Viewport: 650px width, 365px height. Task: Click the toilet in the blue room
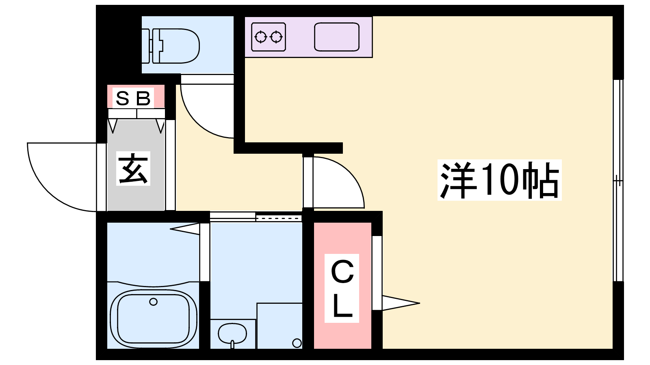[171, 46]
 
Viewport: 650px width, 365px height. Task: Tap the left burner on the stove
[260, 37]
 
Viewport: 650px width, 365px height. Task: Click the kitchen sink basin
[337, 37]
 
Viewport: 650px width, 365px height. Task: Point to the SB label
[133, 98]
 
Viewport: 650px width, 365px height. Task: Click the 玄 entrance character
[133, 168]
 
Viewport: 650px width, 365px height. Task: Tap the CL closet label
[342, 288]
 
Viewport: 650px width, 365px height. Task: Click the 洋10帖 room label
[499, 180]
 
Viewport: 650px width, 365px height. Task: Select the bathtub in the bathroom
[154, 319]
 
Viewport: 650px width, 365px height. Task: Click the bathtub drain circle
[153, 302]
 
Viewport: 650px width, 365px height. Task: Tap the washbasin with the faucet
[232, 335]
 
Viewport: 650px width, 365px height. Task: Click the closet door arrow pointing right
[401, 303]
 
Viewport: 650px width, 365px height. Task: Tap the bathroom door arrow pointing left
[185, 229]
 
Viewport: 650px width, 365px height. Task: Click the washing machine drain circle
[297, 343]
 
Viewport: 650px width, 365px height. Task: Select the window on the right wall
[618, 180]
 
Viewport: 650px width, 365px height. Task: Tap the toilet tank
[150, 46]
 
